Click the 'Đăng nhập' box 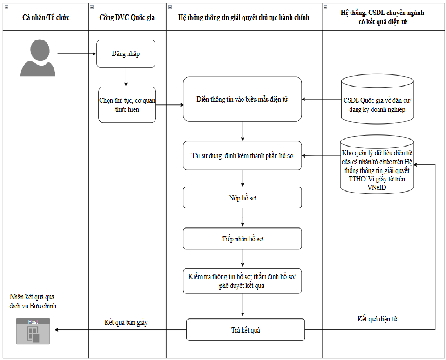click(x=126, y=53)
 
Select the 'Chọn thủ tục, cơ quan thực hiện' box click(x=127, y=105)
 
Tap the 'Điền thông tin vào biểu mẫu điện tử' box click(x=243, y=99)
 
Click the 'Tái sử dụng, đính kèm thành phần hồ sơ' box click(x=243, y=156)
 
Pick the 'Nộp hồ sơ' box click(x=243, y=198)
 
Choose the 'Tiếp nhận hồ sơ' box click(x=243, y=239)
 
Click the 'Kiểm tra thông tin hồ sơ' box click(x=243, y=281)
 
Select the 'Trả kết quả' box click(x=245, y=330)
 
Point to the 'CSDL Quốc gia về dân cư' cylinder click(x=377, y=100)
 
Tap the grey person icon click(x=38, y=58)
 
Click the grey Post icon click(x=33, y=331)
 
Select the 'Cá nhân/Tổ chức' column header click(x=46, y=18)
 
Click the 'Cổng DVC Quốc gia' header click(x=127, y=18)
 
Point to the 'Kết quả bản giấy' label click(x=126, y=322)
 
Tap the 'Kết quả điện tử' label click(x=377, y=319)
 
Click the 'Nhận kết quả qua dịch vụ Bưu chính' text click(x=33, y=301)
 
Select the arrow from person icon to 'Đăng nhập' click(x=77, y=53)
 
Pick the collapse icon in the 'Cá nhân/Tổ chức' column click(x=7, y=7)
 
